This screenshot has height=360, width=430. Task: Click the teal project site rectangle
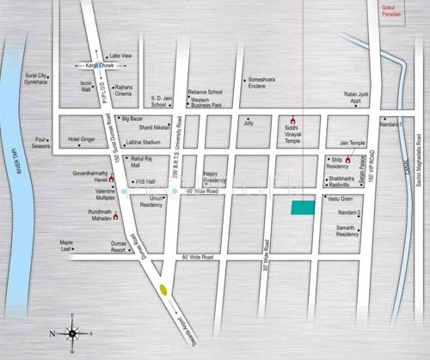(x=302, y=207)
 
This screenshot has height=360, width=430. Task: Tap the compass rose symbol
(x=71, y=333)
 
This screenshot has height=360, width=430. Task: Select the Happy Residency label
(x=215, y=178)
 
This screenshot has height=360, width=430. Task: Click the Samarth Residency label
(x=347, y=230)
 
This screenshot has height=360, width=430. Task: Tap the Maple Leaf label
(x=66, y=246)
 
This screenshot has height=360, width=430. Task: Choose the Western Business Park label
(x=212, y=103)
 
